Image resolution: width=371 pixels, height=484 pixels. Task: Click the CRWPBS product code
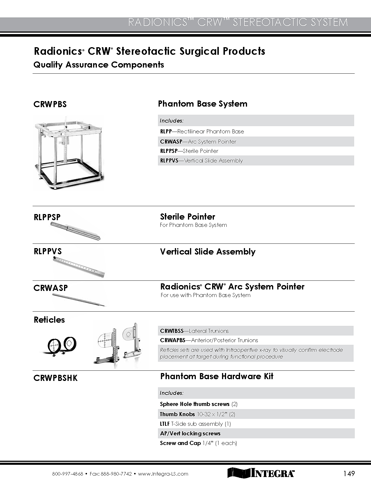50,104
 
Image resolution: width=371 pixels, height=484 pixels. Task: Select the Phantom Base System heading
203,104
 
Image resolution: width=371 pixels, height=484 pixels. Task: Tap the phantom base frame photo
69,152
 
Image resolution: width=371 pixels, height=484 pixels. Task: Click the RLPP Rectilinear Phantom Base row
202,131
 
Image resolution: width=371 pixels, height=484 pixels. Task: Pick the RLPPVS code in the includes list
169,160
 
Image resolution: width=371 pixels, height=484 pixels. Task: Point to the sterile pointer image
75,231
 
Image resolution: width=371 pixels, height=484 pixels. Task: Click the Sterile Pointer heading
188,217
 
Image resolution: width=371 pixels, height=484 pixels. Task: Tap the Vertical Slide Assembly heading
208,252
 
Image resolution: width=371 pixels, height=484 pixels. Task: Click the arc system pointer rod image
79,300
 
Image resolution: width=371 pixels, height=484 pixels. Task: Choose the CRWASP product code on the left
51,288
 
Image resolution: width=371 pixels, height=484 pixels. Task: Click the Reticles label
49,320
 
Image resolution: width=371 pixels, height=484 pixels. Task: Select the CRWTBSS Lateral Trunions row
194,331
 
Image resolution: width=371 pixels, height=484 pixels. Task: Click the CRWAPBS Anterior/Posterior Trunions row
209,340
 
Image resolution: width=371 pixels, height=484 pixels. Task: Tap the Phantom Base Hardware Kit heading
217,376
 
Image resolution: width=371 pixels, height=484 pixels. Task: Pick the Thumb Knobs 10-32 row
198,414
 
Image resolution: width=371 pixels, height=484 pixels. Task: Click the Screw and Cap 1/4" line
198,443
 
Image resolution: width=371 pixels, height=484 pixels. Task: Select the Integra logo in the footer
261,473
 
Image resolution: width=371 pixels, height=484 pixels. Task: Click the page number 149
349,474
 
